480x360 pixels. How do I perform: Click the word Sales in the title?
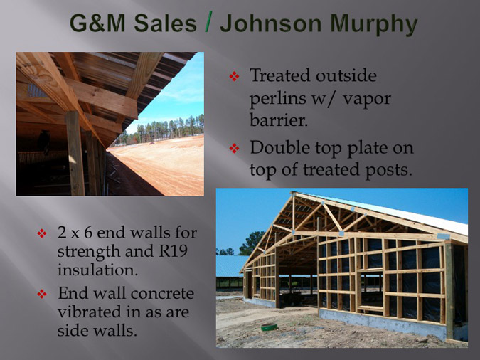pos(165,23)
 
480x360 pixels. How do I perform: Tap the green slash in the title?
pos(209,23)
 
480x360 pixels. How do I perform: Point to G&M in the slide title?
pos(97,23)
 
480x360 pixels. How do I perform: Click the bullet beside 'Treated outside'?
pos(234,76)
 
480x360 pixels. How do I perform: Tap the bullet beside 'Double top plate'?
pos(234,149)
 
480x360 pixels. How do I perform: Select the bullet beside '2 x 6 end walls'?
pos(42,233)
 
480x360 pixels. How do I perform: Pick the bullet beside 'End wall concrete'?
pos(42,294)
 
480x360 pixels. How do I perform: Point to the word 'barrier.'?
pos(279,120)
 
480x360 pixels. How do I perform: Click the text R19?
pos(173,251)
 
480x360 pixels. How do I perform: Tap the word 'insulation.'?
pos(97,270)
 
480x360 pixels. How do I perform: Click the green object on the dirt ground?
pos(270,327)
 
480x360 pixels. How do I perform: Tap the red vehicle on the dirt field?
pos(152,143)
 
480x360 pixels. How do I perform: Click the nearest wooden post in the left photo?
pos(75,153)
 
